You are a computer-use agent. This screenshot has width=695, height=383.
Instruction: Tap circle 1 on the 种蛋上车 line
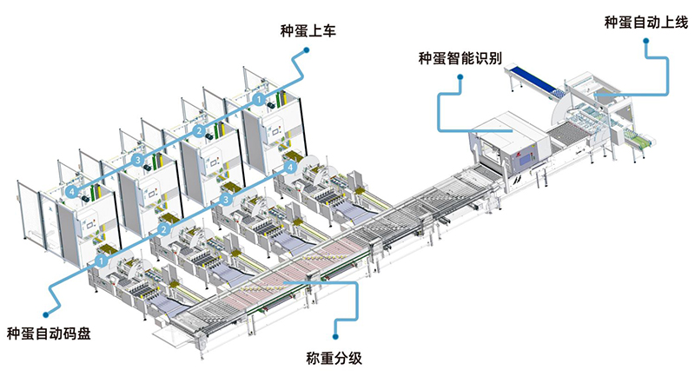click(259, 102)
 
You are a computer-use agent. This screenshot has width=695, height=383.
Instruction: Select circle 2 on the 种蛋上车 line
click(199, 131)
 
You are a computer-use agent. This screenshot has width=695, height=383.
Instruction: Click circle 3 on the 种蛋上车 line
click(138, 160)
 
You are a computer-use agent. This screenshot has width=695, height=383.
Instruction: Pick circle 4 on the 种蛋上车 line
click(71, 190)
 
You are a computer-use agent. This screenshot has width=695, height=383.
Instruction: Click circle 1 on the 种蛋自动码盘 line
click(102, 259)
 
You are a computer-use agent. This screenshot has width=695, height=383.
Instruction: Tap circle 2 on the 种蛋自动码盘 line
click(163, 229)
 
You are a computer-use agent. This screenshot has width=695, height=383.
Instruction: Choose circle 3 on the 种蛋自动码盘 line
click(226, 199)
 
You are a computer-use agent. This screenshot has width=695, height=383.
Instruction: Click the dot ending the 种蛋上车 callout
click(304, 52)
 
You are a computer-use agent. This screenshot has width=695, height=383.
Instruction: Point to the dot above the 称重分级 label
click(334, 327)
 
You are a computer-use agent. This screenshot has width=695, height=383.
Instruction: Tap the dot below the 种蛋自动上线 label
click(647, 50)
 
